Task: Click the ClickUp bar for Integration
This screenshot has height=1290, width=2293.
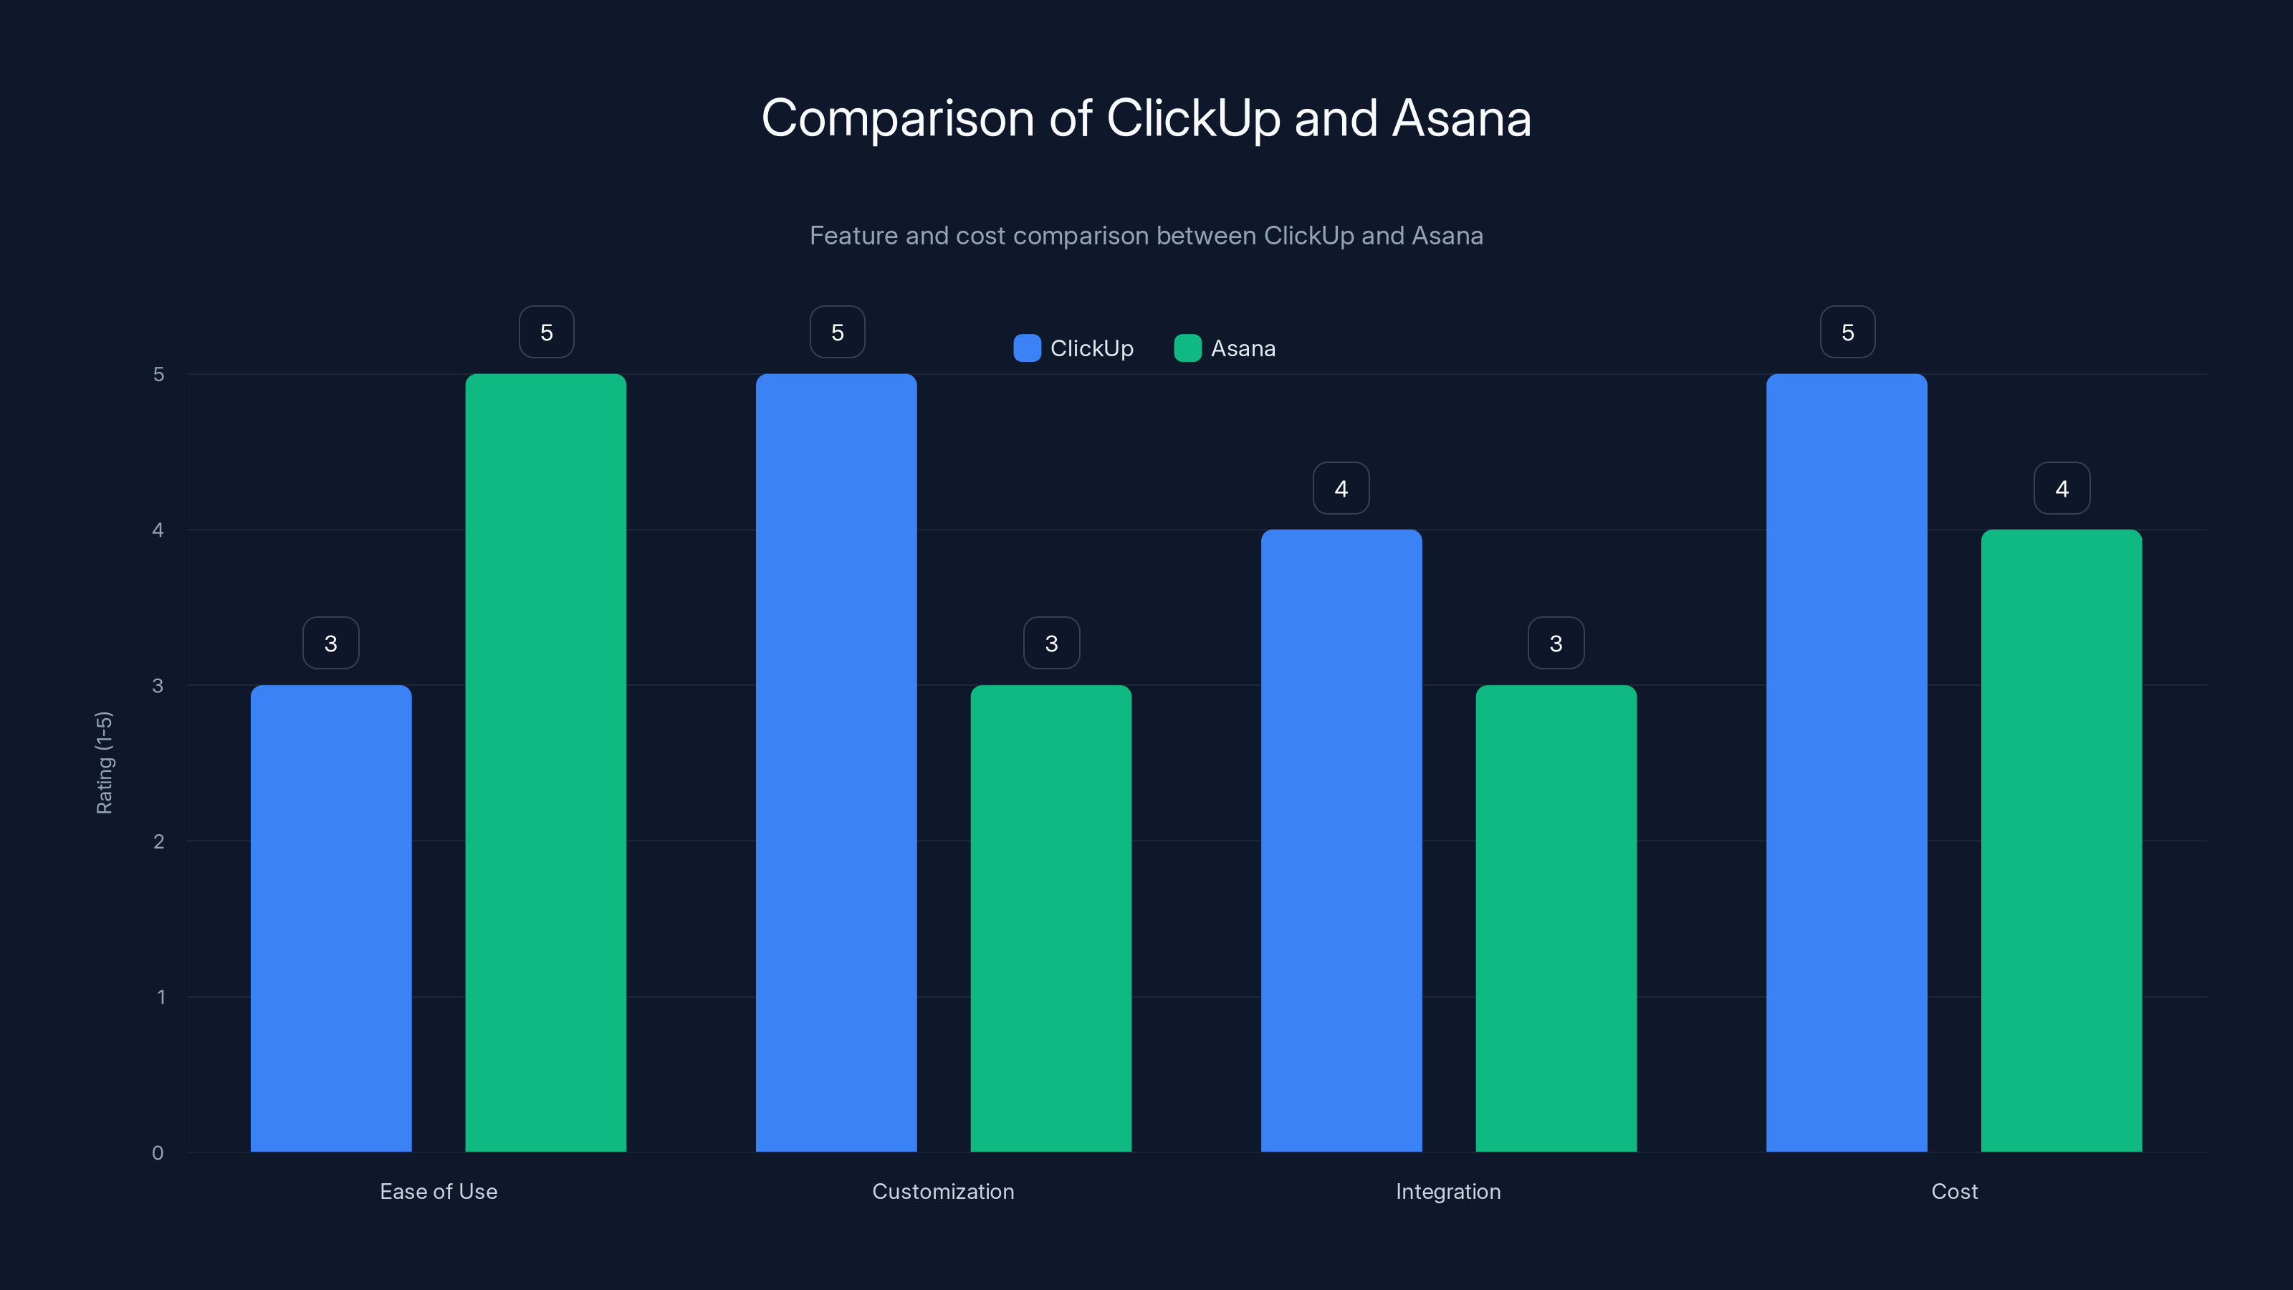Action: coord(1341,841)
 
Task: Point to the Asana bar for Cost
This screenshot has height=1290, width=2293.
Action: coord(2061,841)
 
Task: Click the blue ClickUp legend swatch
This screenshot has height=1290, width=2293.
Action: coord(1028,348)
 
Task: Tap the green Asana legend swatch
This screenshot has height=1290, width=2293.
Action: coord(1187,348)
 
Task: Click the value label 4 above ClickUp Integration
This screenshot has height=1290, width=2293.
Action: coord(1341,488)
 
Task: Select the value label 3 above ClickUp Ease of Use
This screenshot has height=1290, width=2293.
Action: coord(330,643)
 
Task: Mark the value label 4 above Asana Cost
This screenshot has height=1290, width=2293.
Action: coord(2062,488)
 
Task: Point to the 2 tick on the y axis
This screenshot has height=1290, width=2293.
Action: coord(158,841)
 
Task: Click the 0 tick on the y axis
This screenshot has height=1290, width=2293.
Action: coord(158,1153)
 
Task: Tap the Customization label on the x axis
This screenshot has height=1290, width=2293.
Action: coord(943,1191)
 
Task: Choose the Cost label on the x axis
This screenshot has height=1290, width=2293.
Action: coord(1954,1191)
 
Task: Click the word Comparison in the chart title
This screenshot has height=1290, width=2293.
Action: coord(896,118)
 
